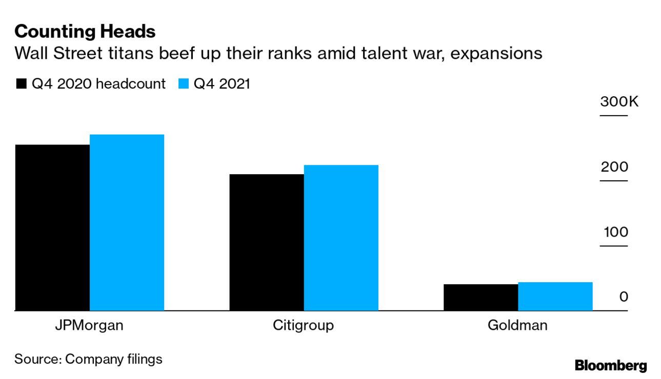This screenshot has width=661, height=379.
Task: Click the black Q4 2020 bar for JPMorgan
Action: (x=52, y=227)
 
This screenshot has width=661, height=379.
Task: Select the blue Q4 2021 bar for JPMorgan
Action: (x=127, y=222)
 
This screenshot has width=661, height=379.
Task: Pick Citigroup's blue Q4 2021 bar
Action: (x=341, y=238)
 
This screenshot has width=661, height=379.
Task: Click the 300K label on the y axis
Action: (x=619, y=102)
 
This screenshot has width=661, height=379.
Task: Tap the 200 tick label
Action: (x=614, y=167)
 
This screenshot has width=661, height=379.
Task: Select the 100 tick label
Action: (x=614, y=232)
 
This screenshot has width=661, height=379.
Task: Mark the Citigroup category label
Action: (x=304, y=326)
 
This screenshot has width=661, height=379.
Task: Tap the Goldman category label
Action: (x=517, y=326)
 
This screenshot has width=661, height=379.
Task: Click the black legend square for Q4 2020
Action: (x=22, y=84)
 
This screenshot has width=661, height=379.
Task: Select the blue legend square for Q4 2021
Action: (x=184, y=84)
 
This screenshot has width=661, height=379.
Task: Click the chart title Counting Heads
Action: (x=85, y=32)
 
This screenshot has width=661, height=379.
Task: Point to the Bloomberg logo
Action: (x=611, y=366)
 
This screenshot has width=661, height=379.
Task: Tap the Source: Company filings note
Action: (x=88, y=359)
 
